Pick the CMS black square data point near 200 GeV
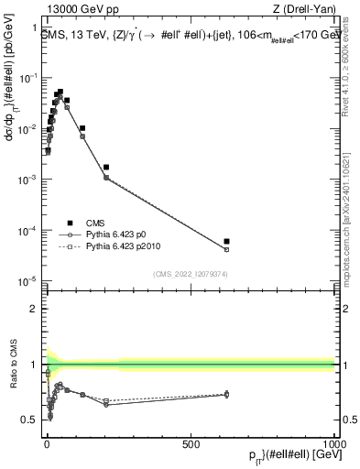(x=106, y=168)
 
